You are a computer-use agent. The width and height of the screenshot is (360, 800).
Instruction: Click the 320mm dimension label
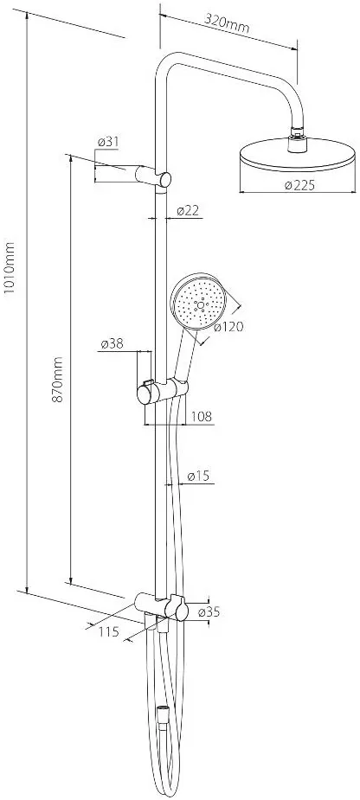point(227,22)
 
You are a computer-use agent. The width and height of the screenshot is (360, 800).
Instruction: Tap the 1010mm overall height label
point(10,267)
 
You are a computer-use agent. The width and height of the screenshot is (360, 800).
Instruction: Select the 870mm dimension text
point(58,380)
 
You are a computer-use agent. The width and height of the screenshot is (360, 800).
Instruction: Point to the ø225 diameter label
point(299,185)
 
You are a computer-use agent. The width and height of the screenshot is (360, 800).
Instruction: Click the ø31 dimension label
point(108,142)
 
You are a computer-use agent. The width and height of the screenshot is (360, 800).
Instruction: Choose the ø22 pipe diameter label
point(188,210)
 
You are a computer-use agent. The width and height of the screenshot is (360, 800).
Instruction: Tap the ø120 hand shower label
point(228,327)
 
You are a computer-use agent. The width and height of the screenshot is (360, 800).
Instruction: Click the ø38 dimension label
point(112,344)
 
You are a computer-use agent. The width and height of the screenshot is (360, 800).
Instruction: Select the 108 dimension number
point(201,416)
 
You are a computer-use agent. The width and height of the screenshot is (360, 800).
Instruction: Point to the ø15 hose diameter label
point(199,476)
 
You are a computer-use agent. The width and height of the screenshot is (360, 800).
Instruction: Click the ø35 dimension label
point(209,611)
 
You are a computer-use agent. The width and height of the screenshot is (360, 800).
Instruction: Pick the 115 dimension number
point(108,631)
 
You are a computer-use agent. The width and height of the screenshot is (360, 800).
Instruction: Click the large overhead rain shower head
point(297,155)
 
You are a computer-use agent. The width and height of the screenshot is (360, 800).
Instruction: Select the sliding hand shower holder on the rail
point(162,391)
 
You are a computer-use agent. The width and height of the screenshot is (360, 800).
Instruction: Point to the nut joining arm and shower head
point(297,143)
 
